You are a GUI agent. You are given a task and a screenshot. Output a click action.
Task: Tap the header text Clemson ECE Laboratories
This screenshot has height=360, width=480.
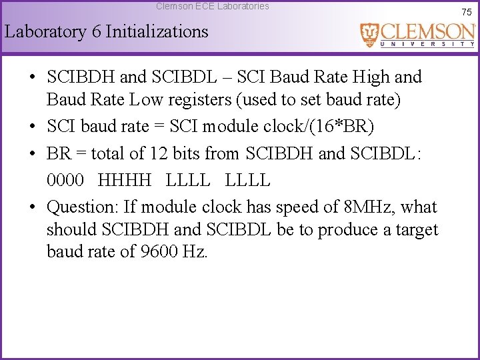click(x=213, y=6)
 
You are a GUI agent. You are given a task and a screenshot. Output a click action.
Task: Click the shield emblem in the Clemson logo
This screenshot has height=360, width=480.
click(x=369, y=35)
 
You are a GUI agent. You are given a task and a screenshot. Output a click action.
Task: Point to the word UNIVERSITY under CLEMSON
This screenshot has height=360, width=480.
click(x=427, y=44)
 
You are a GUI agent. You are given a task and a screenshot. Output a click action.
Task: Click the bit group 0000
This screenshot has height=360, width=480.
click(x=67, y=180)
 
